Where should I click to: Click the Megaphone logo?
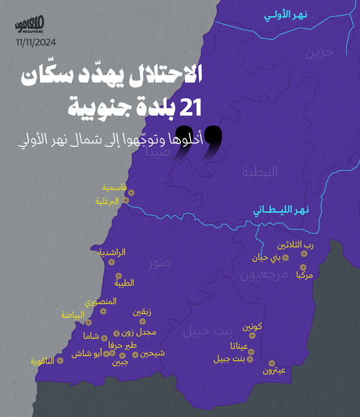(x=31, y=26)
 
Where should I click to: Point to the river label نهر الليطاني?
(x=282, y=210)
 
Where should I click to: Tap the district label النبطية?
(x=259, y=172)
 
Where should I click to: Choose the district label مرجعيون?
(x=263, y=275)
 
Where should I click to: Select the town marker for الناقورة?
(x=60, y=360)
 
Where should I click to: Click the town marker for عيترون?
(x=272, y=363)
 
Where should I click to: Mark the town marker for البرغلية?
(x=126, y=200)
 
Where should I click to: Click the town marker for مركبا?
(x=303, y=267)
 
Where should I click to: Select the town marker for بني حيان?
(x=286, y=258)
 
